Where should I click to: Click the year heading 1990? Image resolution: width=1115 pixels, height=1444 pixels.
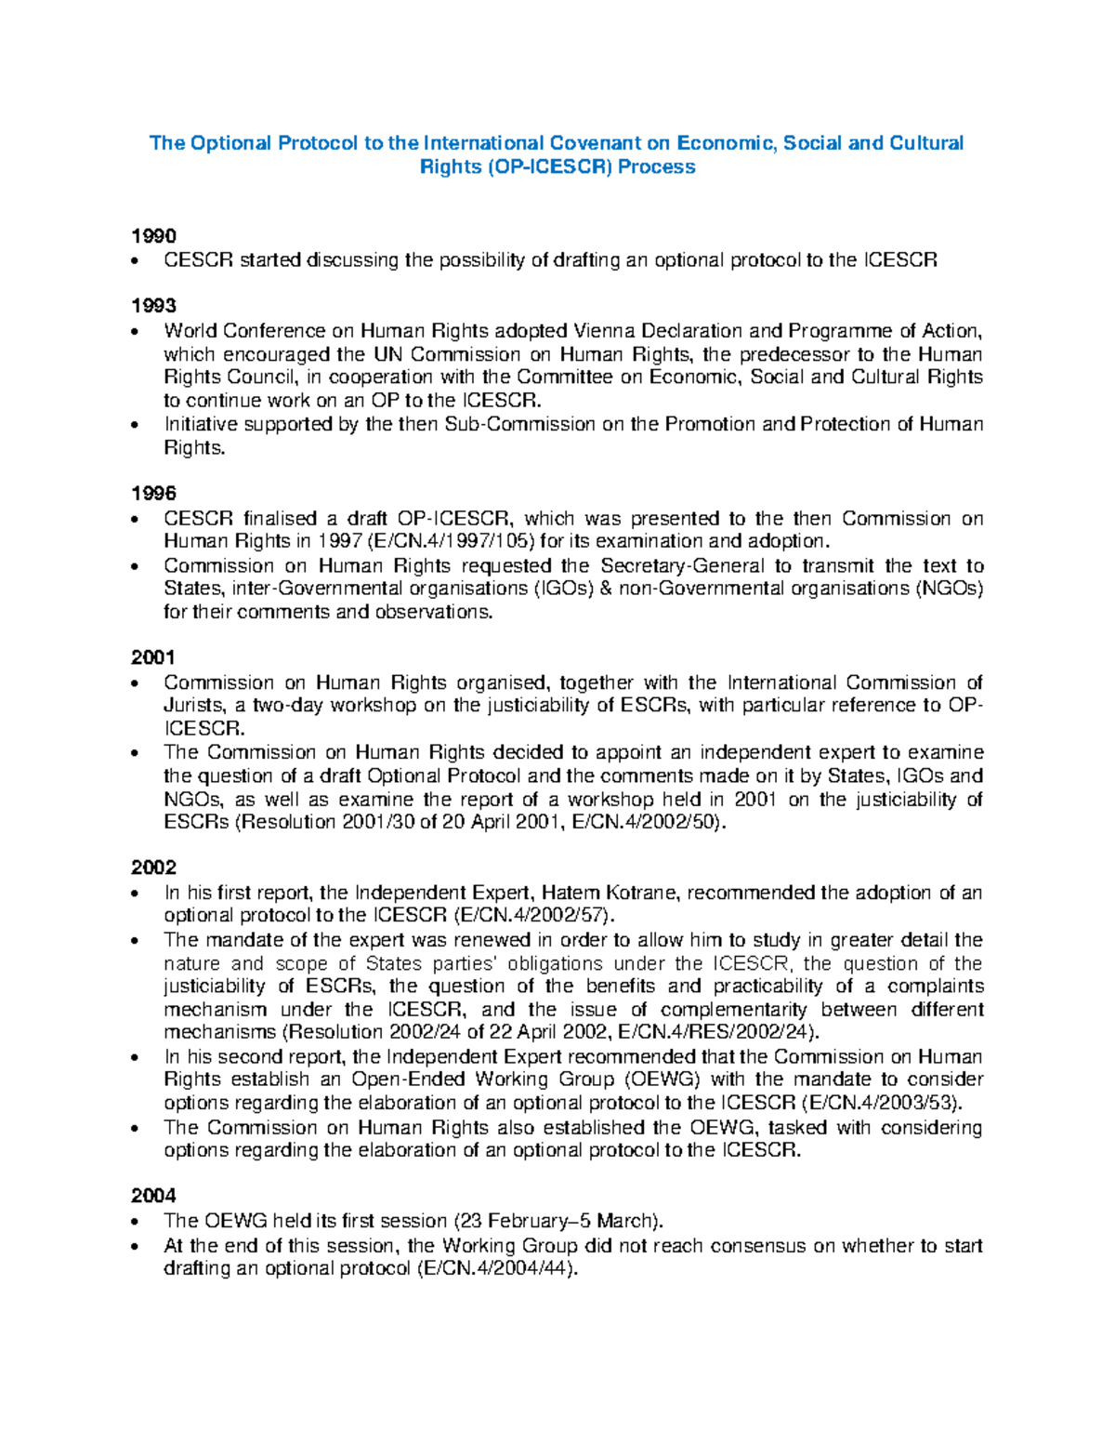153,236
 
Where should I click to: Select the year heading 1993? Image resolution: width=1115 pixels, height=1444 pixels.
153,306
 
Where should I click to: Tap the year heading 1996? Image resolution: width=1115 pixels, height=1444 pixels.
153,494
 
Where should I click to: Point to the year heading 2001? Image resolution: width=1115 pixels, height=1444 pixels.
153,657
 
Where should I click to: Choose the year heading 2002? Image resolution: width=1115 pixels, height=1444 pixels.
153,868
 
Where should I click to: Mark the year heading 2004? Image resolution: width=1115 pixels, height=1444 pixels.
153,1196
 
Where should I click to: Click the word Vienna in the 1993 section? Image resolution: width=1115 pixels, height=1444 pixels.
605,331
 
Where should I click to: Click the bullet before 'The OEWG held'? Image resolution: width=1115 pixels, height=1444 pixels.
138,1222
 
